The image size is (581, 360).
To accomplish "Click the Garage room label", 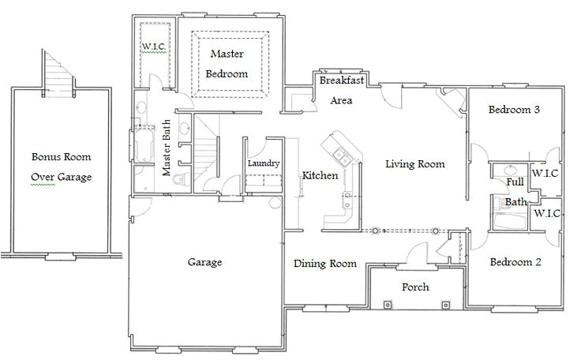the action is [x=205, y=262].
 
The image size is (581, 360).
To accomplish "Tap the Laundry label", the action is [x=264, y=163].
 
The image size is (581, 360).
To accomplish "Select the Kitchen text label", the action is [x=320, y=175].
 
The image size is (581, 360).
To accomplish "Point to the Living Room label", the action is [x=415, y=164].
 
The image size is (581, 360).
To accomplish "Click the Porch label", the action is [x=415, y=287].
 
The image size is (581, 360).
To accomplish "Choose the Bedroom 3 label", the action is [x=514, y=110].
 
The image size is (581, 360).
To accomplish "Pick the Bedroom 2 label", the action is [x=515, y=262].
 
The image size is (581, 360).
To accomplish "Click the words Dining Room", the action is [x=325, y=264].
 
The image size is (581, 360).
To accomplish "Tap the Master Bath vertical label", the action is [x=167, y=148].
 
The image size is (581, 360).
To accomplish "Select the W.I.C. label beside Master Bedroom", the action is [x=154, y=47].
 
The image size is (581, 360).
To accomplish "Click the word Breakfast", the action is [x=342, y=80].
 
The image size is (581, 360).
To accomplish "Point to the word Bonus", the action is [x=47, y=157].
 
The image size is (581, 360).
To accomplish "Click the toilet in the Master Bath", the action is [x=180, y=178].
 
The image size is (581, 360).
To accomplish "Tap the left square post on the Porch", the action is [x=388, y=305].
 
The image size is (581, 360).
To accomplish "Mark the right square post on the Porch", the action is [x=446, y=305].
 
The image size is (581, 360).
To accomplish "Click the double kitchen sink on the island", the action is [x=343, y=156].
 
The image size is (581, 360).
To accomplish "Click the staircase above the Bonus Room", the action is [x=58, y=74].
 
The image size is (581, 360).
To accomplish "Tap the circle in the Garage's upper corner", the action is [x=276, y=203].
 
